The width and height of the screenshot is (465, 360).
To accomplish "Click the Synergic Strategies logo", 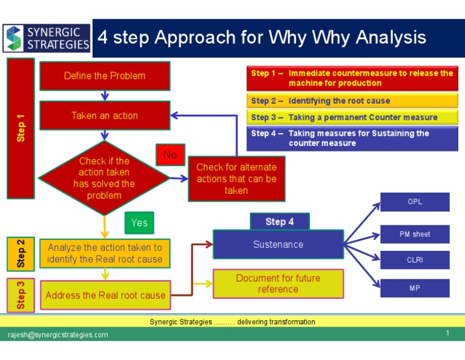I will (x=47, y=38).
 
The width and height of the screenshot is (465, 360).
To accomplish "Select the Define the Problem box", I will (x=105, y=76).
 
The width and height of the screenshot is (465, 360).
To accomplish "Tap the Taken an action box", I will (x=105, y=116).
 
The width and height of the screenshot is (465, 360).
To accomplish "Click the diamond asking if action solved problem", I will (x=104, y=178).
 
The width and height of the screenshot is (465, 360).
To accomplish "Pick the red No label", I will (x=170, y=155).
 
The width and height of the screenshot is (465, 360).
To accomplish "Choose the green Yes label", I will (x=139, y=222).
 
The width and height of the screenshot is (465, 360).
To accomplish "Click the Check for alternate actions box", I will (x=236, y=179).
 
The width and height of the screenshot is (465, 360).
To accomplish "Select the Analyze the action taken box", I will (x=105, y=253).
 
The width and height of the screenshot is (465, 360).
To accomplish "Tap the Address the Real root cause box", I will (x=105, y=295).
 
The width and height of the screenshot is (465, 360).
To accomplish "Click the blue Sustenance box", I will (x=278, y=244).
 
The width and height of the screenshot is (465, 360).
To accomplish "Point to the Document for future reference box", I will (x=278, y=284).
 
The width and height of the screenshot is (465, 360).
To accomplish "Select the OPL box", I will (x=415, y=202).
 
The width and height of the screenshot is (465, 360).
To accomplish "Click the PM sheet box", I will (x=415, y=234).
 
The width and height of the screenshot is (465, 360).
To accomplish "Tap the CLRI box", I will (x=415, y=260).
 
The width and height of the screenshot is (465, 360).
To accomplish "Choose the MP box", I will (x=415, y=288).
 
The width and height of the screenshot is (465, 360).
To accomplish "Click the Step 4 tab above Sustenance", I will (x=279, y=222).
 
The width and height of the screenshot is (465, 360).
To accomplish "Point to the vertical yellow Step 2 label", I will (x=21, y=253).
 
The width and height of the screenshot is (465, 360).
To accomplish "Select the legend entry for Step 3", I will (x=352, y=118).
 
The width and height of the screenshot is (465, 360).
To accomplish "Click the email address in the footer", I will (x=58, y=335).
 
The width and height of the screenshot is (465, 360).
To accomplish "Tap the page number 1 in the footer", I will (x=447, y=333).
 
